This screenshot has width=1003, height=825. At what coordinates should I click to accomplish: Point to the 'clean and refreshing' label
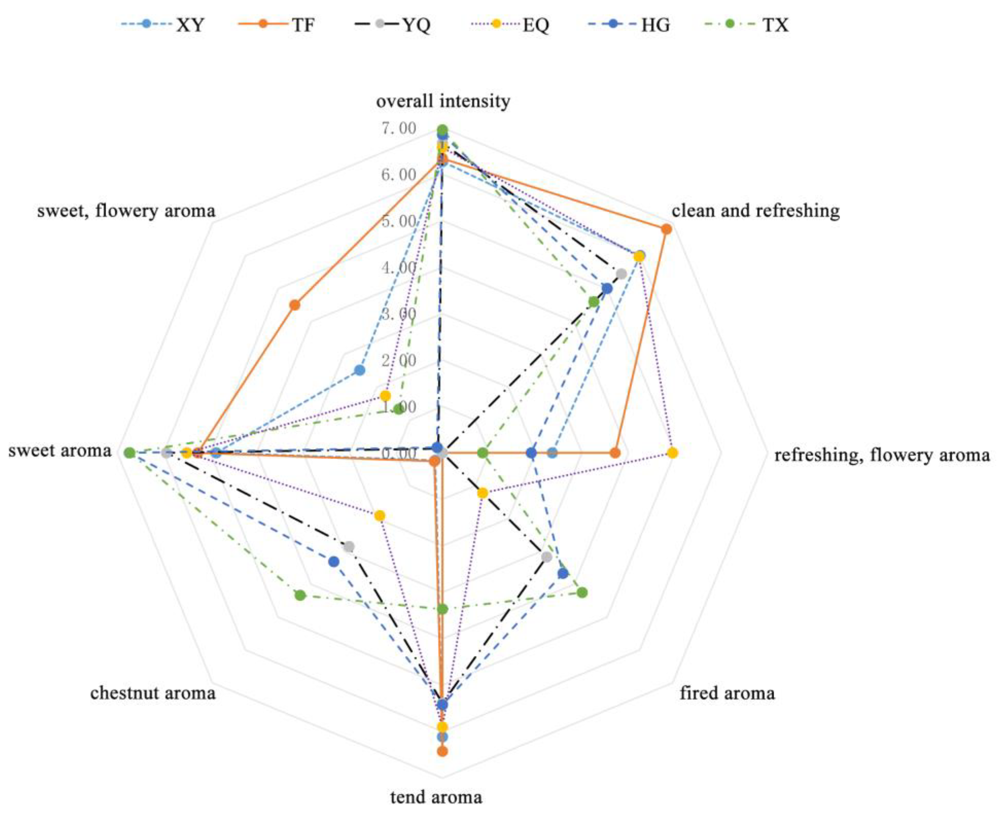pyautogui.click(x=755, y=211)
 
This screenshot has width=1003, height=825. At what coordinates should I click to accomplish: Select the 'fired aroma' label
pyautogui.click(x=727, y=693)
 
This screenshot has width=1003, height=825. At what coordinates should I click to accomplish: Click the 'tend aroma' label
pyautogui.click(x=436, y=797)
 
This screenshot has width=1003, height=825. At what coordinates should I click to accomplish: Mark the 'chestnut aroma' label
pyautogui.click(x=153, y=693)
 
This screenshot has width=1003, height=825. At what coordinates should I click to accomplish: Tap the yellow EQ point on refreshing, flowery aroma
pyautogui.click(x=672, y=453)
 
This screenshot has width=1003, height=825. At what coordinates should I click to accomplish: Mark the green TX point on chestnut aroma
pyautogui.click(x=300, y=595)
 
